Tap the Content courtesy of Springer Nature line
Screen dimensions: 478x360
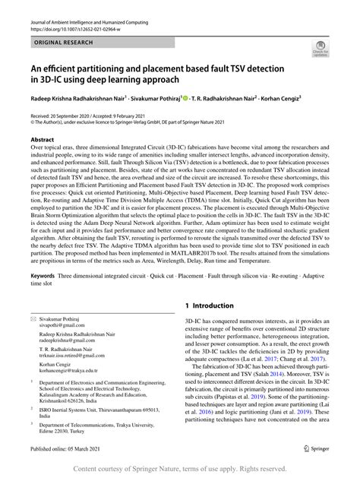click(179, 468)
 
